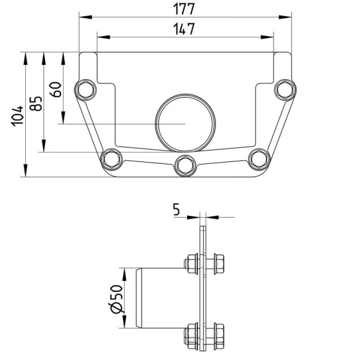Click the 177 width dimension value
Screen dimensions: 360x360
click(184, 9)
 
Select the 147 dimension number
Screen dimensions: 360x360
click(184, 29)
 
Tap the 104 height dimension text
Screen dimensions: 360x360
click(17, 116)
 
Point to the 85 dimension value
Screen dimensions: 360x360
click(36, 103)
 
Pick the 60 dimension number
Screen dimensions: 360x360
click(56, 89)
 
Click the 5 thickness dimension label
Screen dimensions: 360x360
click(176, 209)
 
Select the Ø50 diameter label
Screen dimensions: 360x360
click(116, 299)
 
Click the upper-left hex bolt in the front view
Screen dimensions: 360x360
click(86, 90)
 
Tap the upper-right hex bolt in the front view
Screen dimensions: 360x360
click(285, 90)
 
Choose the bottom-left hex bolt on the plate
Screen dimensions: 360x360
click(112, 159)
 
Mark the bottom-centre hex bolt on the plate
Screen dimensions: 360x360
click(185, 166)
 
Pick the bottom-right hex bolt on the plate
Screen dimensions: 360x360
click(259, 159)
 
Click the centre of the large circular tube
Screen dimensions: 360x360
click(185, 123)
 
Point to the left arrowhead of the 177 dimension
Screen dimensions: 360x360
click(85, 17)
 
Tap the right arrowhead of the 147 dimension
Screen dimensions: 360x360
click(267, 37)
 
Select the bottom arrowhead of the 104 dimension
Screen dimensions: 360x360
click(25, 170)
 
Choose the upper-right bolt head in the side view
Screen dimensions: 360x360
click(219, 264)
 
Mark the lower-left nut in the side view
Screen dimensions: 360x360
click(191, 335)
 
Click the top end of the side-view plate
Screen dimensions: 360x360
click(203, 226)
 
